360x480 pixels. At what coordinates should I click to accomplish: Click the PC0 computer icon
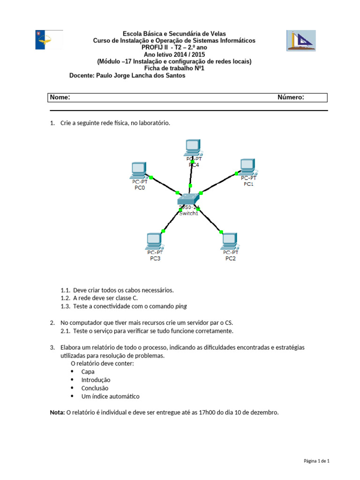[x=138, y=169]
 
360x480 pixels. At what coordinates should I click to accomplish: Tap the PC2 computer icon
[x=229, y=240]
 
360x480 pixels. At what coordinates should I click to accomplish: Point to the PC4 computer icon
[x=192, y=147]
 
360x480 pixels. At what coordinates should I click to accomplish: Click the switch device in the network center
[x=189, y=199]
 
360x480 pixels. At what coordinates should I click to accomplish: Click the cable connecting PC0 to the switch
[x=164, y=185]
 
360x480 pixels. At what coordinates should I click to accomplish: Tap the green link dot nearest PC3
[x=163, y=231]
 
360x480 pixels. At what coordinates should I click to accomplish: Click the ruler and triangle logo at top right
[x=300, y=41]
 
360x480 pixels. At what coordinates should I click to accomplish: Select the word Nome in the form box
[x=60, y=97]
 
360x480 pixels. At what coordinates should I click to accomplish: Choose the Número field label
[x=291, y=97]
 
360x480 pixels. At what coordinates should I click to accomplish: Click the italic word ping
[x=181, y=306]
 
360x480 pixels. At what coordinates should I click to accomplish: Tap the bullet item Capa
[x=88, y=371]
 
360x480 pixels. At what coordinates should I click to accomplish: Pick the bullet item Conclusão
[x=95, y=388]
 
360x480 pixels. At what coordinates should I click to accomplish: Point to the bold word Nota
[x=57, y=412]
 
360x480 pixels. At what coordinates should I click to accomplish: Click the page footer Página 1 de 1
[x=317, y=461]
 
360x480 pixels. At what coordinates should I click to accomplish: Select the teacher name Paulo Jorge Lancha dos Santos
[x=141, y=75]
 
